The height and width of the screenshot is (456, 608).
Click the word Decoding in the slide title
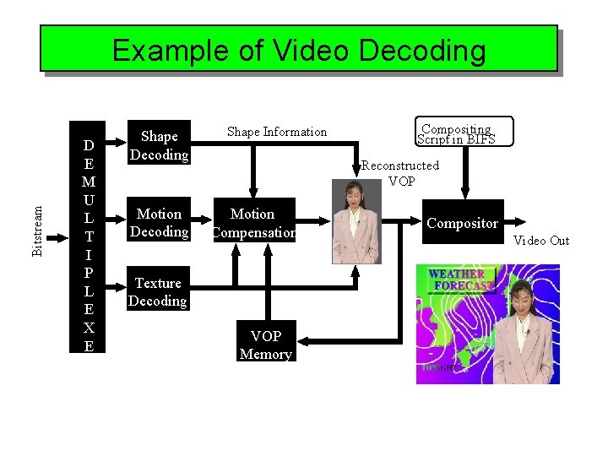[x=423, y=51]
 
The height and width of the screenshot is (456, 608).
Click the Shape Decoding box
[x=159, y=145]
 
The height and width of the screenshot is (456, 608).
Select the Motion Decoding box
[x=159, y=223]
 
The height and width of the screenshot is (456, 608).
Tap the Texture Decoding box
[x=158, y=292]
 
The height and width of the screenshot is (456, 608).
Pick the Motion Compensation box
[x=253, y=223]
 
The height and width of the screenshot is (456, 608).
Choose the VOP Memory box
[x=265, y=345]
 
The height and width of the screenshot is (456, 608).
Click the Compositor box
[x=462, y=223]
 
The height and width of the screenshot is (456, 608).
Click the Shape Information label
[x=277, y=132]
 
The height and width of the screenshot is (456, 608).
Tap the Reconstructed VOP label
[x=400, y=173]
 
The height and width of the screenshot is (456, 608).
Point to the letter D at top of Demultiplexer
[x=88, y=145]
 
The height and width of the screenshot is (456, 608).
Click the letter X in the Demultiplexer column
[x=88, y=328]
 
